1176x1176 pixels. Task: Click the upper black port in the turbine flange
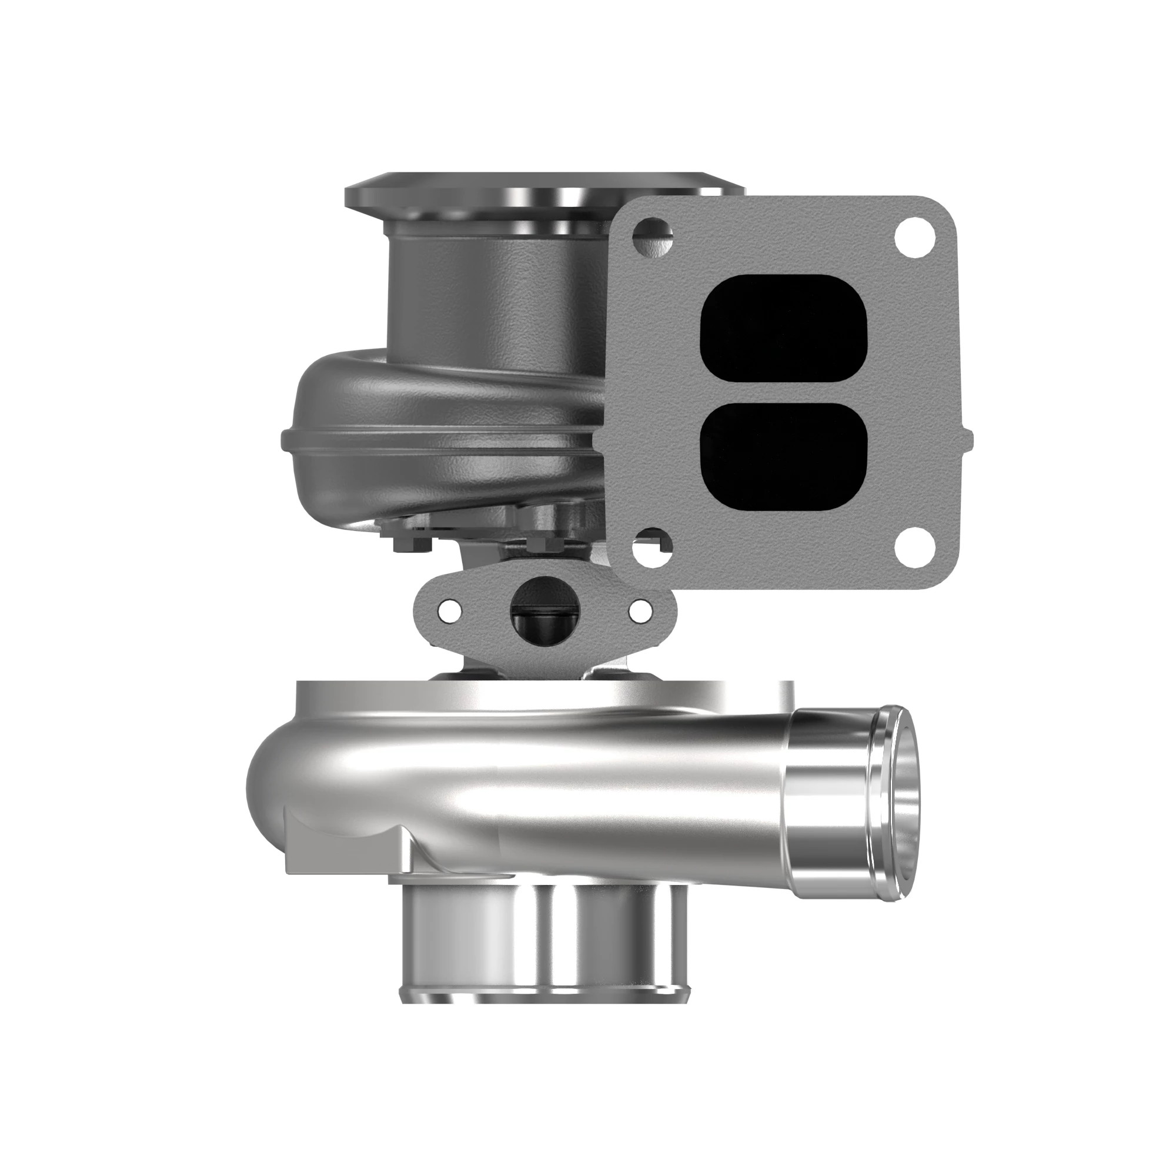pyautogui.click(x=783, y=329)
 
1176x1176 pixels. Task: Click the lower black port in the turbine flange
pyautogui.click(x=783, y=455)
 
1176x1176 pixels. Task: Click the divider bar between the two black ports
pyautogui.click(x=783, y=393)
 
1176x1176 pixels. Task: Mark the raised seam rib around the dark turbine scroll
pyautogui.click(x=426, y=440)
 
